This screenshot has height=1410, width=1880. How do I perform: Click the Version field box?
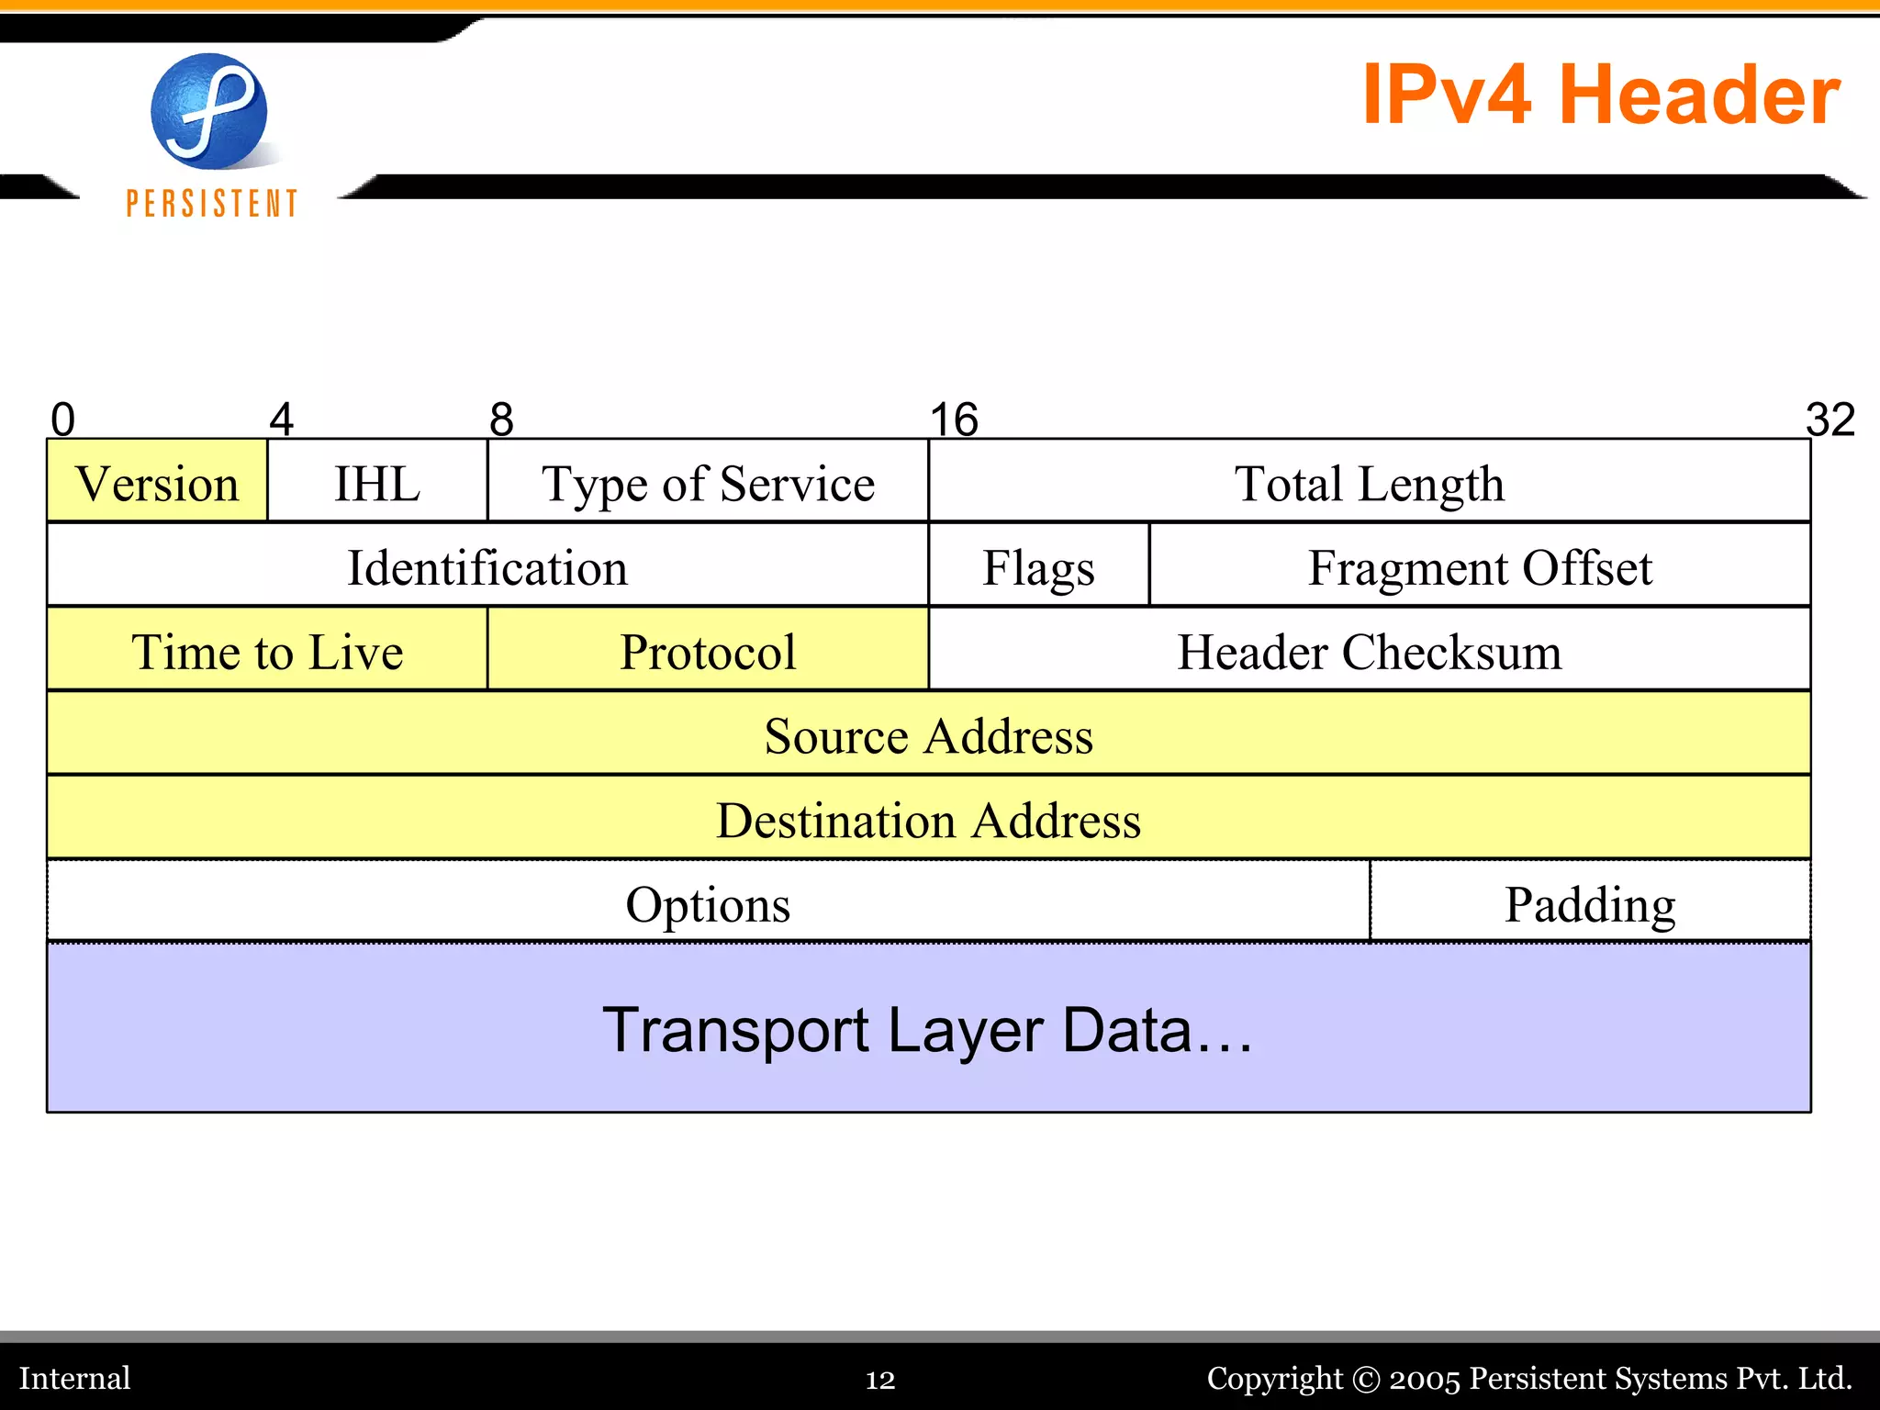pos(157,483)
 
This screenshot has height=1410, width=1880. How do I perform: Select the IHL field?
pos(377,483)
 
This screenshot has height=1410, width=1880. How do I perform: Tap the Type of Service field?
pos(708,483)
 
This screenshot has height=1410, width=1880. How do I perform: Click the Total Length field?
pos(1369,483)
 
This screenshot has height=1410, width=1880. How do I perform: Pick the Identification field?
pos(487,566)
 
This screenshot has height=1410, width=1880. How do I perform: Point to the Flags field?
pos(1038,566)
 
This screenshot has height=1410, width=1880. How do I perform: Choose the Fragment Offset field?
pos(1479,566)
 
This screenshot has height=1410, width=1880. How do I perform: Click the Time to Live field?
pos(267,651)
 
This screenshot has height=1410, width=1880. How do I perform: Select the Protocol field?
pos(708,651)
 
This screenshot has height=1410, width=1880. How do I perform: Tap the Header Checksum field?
pos(1369,651)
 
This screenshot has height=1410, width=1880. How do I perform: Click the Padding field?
pos(1590,903)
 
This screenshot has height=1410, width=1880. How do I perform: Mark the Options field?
pos(708,903)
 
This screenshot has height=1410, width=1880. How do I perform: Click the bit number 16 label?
pos(954,420)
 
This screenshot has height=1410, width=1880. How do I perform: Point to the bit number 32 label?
pos(1830,420)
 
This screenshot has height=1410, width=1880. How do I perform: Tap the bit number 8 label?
pos(501,420)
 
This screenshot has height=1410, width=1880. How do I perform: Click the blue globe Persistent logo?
pos(209,112)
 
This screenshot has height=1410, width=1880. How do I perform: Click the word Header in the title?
pos(1699,95)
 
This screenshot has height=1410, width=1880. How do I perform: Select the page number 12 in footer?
pos(879,1379)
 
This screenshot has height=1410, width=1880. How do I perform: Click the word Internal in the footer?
pos(75,1378)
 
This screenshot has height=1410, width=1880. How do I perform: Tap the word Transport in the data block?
pos(735,1030)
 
